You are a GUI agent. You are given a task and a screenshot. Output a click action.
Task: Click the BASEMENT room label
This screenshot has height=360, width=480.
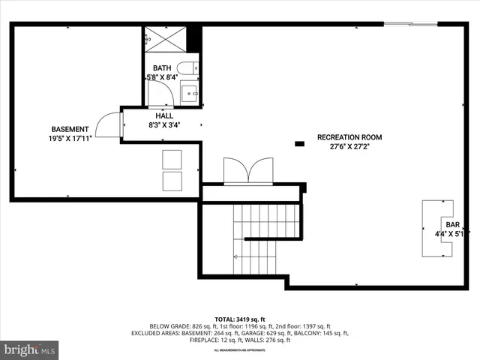pos(70,129)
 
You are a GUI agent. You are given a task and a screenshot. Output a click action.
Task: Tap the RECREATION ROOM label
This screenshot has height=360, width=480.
pos(349,137)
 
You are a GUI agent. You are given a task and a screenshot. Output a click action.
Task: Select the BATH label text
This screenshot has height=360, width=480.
pos(163,68)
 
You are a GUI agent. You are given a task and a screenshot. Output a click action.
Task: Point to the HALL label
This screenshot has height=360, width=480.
pos(164,116)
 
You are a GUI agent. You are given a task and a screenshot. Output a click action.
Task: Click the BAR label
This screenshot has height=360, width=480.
pos(452,224)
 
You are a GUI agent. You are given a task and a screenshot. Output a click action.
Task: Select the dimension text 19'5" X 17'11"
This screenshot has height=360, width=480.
pos(70,138)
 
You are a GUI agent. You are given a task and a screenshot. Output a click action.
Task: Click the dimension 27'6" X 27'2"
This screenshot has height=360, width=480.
pos(349,147)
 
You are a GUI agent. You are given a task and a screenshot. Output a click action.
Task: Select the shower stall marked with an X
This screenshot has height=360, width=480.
pos(160,37)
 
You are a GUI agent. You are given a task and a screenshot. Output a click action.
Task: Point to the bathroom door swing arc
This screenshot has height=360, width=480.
pos(158,94)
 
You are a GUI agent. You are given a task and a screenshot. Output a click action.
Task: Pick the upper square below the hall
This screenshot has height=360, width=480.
pos(172,158)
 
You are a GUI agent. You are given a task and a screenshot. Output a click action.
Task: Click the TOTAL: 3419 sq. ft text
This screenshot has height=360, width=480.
pos(240,319)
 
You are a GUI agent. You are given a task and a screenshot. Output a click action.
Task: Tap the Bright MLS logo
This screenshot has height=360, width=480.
pos(30,349)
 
